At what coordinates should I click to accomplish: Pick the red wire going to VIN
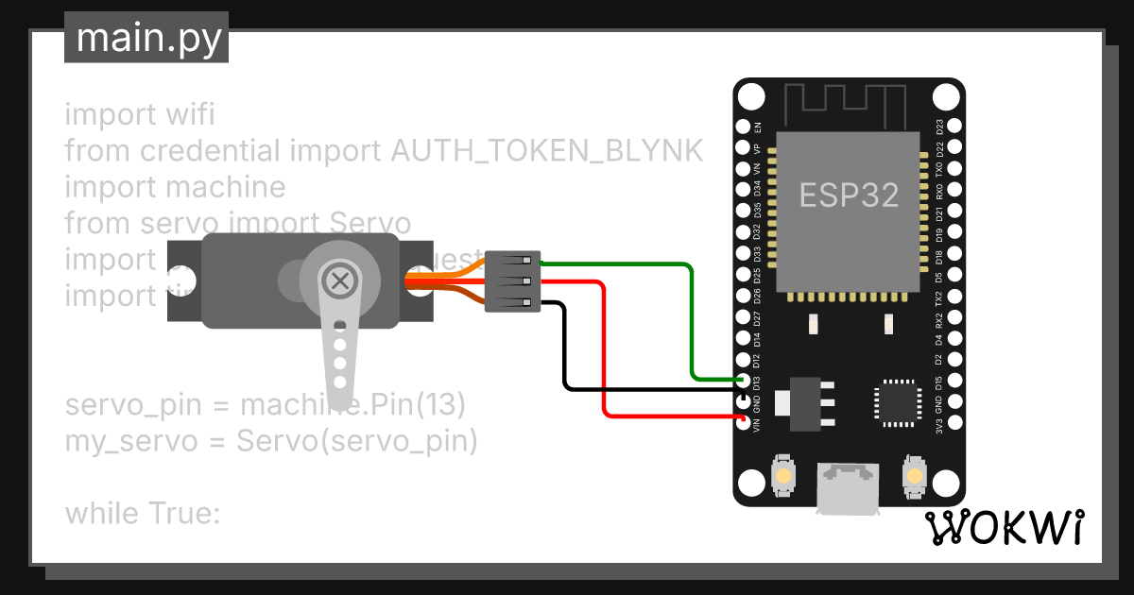pyautogui.click(x=603, y=359)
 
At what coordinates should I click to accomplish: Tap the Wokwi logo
pyautogui.click(x=1004, y=529)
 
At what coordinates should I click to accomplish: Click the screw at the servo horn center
pyautogui.click(x=338, y=280)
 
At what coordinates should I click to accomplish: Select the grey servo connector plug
pyautogui.click(x=512, y=280)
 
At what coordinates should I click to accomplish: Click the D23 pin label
pyautogui.click(x=939, y=127)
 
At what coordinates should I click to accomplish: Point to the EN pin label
pyautogui.click(x=757, y=127)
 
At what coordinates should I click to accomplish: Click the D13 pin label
pyautogui.click(x=757, y=382)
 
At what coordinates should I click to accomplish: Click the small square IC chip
pyautogui.click(x=894, y=399)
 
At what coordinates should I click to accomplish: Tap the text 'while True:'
pyautogui.click(x=142, y=514)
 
